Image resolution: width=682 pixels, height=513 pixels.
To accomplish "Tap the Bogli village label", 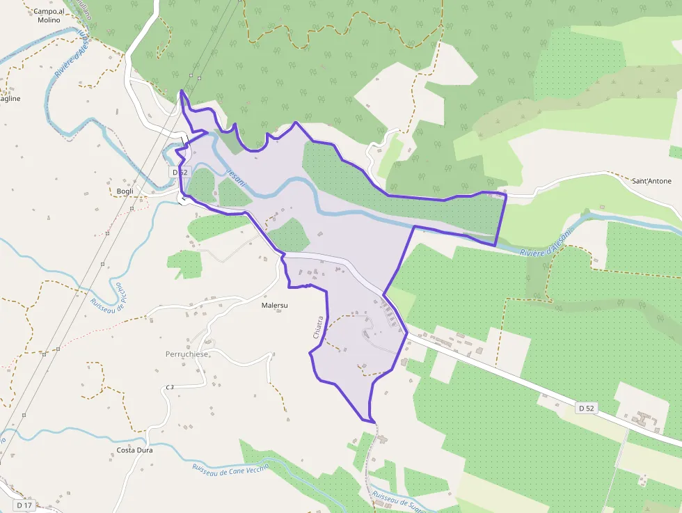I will [x=125, y=191].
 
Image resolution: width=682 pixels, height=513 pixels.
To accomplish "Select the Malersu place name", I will [x=274, y=305].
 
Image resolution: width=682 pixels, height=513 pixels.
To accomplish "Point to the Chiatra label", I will [x=319, y=327].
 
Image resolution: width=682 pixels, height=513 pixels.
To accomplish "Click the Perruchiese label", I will [x=187, y=354].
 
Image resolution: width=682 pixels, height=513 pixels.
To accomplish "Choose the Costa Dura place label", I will [x=135, y=450].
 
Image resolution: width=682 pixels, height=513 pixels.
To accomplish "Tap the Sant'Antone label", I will [x=651, y=181].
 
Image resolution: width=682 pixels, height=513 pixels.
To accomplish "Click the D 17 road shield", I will [x=24, y=505].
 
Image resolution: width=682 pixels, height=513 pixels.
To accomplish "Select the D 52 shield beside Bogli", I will [x=180, y=171].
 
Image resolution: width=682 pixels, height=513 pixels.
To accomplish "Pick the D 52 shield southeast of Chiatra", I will [x=587, y=408].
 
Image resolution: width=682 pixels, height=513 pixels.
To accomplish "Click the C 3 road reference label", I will [x=170, y=387].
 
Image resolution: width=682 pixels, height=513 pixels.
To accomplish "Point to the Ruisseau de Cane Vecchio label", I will [x=230, y=475].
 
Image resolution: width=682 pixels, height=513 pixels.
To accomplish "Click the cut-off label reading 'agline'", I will [x=10, y=99].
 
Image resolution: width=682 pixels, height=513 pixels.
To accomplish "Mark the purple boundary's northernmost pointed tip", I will [x=181, y=90].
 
